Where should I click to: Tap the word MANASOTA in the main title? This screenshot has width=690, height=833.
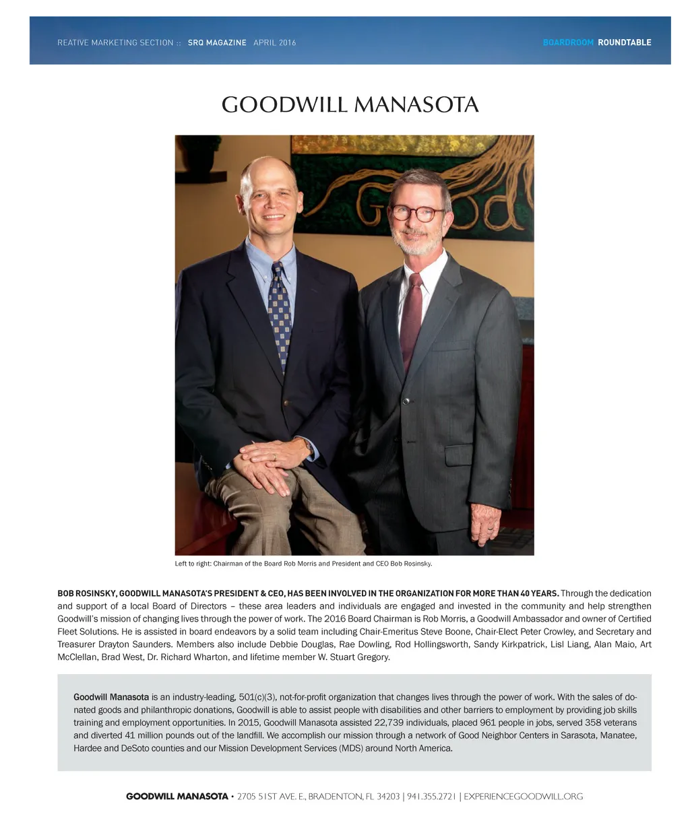[x=416, y=105]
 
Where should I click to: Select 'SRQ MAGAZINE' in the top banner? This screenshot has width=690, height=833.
[x=217, y=42]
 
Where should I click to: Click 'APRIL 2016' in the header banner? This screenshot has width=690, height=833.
[x=274, y=42]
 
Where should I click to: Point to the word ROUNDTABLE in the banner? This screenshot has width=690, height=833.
[x=624, y=42]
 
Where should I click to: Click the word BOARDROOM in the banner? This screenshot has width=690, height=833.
[x=568, y=42]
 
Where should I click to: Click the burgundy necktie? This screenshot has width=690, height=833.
[x=411, y=316]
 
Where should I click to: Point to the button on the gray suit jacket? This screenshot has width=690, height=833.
[x=406, y=401]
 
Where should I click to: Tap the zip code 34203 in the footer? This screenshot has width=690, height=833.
[x=387, y=797]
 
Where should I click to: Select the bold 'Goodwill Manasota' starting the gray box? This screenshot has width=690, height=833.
[x=111, y=697]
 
